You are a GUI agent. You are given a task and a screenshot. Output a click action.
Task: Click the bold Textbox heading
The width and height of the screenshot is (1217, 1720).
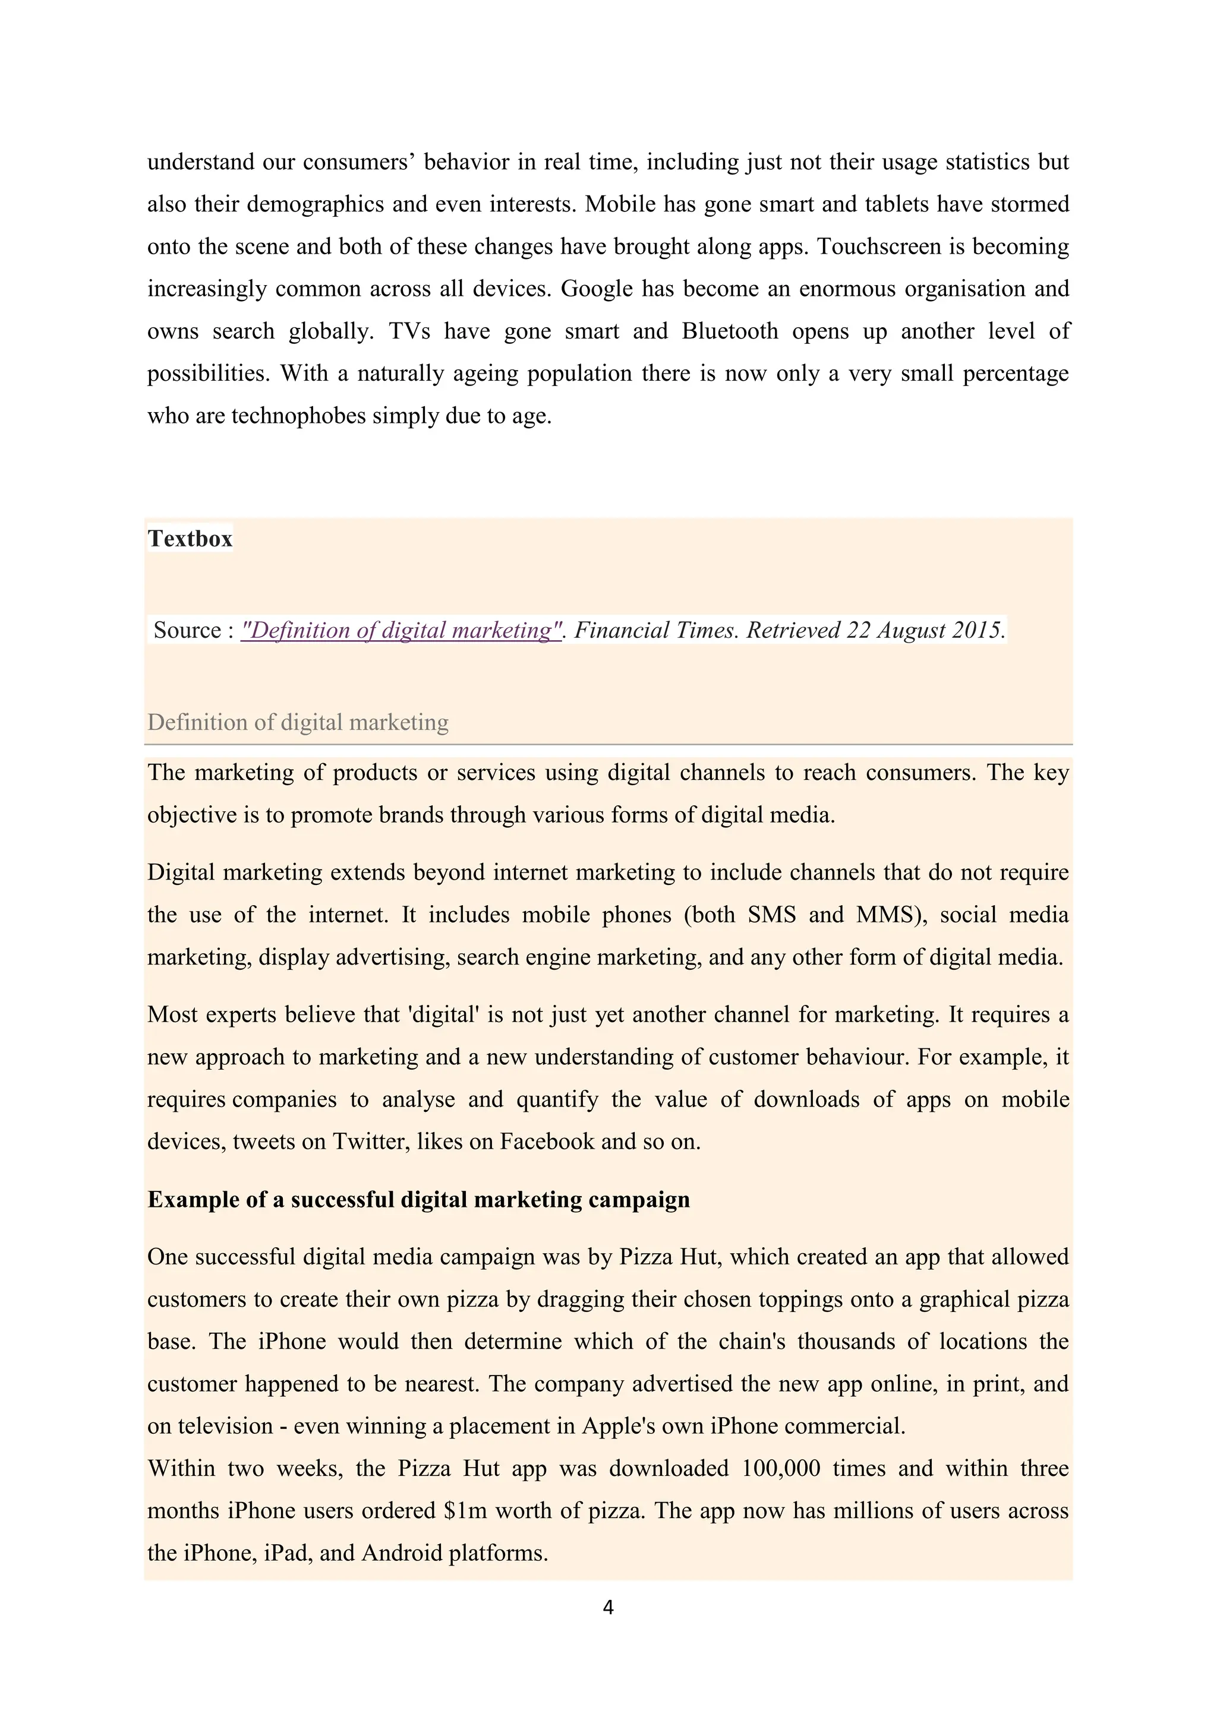[x=190, y=539]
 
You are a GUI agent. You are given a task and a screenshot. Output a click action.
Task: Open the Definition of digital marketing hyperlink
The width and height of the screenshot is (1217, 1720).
[x=401, y=630]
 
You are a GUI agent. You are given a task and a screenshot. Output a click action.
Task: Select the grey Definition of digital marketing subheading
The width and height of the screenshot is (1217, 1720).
[x=298, y=722]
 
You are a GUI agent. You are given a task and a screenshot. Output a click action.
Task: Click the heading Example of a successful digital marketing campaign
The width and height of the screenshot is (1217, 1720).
[x=418, y=1199]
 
